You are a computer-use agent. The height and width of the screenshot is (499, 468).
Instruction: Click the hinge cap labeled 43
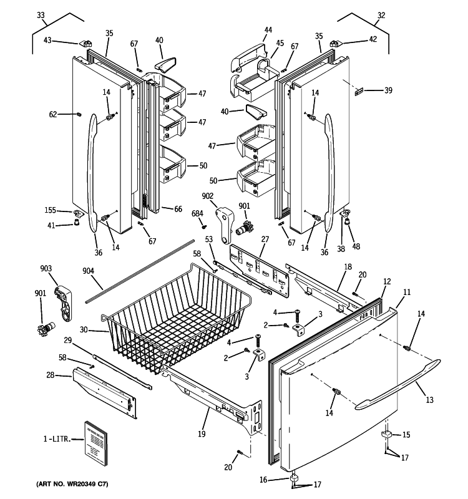point(85,44)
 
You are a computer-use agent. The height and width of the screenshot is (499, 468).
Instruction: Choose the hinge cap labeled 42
point(336,43)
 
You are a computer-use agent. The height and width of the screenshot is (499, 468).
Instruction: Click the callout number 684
point(197,214)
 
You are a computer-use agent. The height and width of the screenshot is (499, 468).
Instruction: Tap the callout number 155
point(50,211)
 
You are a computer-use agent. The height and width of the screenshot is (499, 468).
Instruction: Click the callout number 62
point(54,114)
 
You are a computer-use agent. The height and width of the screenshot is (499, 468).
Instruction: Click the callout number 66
point(178,210)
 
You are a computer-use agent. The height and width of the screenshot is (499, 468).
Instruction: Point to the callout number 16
point(263,480)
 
